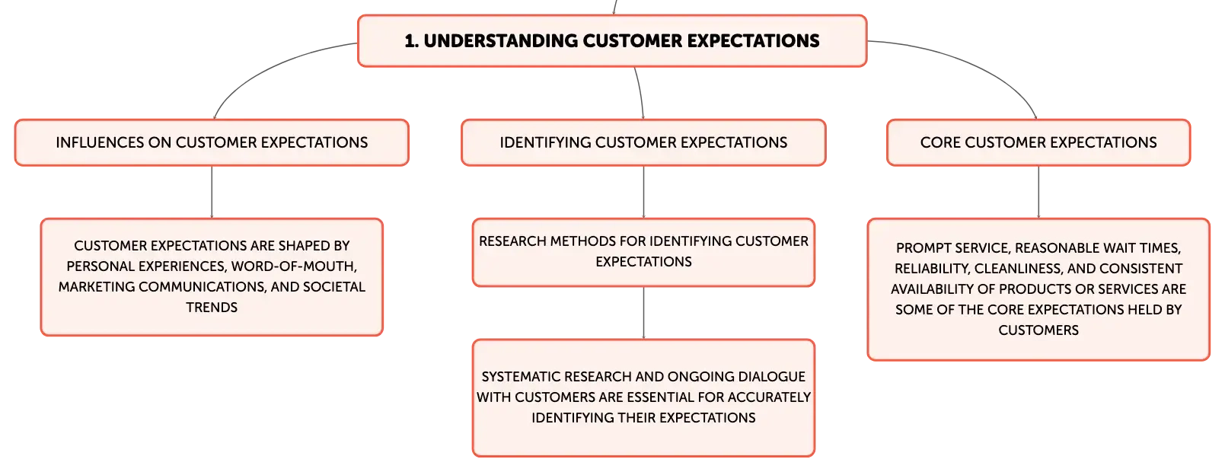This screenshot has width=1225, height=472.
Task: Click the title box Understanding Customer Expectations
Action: (612, 41)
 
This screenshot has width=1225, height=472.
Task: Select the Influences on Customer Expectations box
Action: (212, 143)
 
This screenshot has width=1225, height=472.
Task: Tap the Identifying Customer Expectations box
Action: (643, 143)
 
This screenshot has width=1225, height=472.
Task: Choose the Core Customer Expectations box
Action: (1038, 143)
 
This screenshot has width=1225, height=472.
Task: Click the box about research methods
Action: (643, 252)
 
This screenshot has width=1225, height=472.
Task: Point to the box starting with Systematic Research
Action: (643, 397)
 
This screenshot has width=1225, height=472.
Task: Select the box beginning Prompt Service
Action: (1038, 289)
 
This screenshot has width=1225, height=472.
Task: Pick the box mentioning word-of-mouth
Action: (212, 277)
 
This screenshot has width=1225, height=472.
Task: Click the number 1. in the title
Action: (411, 41)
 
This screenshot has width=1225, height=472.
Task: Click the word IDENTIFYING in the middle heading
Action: (545, 143)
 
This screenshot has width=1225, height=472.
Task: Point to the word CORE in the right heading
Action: (940, 143)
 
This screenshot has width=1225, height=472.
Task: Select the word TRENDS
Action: (212, 308)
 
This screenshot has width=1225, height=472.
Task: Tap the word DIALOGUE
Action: (771, 377)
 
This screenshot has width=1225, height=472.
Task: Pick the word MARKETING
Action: (96, 287)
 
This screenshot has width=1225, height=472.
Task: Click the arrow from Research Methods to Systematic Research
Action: (643, 313)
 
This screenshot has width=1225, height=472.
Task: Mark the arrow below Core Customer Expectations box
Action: (1038, 192)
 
